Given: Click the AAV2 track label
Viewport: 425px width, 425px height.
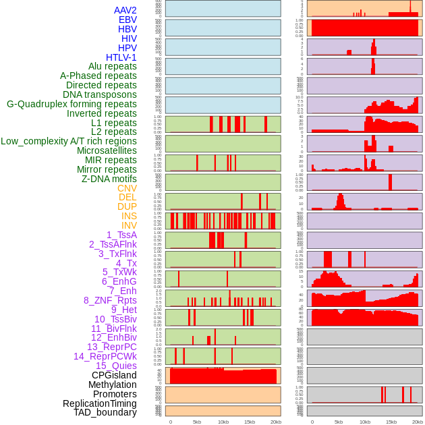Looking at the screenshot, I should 125,10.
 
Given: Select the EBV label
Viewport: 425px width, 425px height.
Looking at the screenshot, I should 128,20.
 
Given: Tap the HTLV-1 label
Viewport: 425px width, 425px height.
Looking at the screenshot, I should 121,57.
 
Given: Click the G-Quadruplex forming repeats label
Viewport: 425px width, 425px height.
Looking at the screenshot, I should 72,104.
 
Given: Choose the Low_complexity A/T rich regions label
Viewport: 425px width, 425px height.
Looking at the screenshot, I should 69,141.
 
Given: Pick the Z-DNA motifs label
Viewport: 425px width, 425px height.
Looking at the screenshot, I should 109,179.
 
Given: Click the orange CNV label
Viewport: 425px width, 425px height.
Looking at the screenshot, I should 127,188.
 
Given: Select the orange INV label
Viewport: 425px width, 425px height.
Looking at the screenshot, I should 129,225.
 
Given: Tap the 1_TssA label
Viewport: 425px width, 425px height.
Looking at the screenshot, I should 121,235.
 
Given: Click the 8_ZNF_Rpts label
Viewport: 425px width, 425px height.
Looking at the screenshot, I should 110,300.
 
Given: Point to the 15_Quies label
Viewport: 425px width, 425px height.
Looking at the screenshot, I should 116,366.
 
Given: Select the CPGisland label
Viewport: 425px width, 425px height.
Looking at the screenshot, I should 114,375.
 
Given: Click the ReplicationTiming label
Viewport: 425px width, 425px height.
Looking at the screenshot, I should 99,403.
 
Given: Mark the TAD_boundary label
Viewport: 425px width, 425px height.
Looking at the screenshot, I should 105,412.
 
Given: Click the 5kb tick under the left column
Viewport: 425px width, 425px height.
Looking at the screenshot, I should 197,422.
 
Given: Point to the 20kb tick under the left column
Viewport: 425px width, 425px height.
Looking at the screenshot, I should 276,422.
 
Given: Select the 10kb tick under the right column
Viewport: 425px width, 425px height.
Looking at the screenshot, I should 365,422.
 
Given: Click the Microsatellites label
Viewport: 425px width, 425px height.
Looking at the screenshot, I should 107,150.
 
